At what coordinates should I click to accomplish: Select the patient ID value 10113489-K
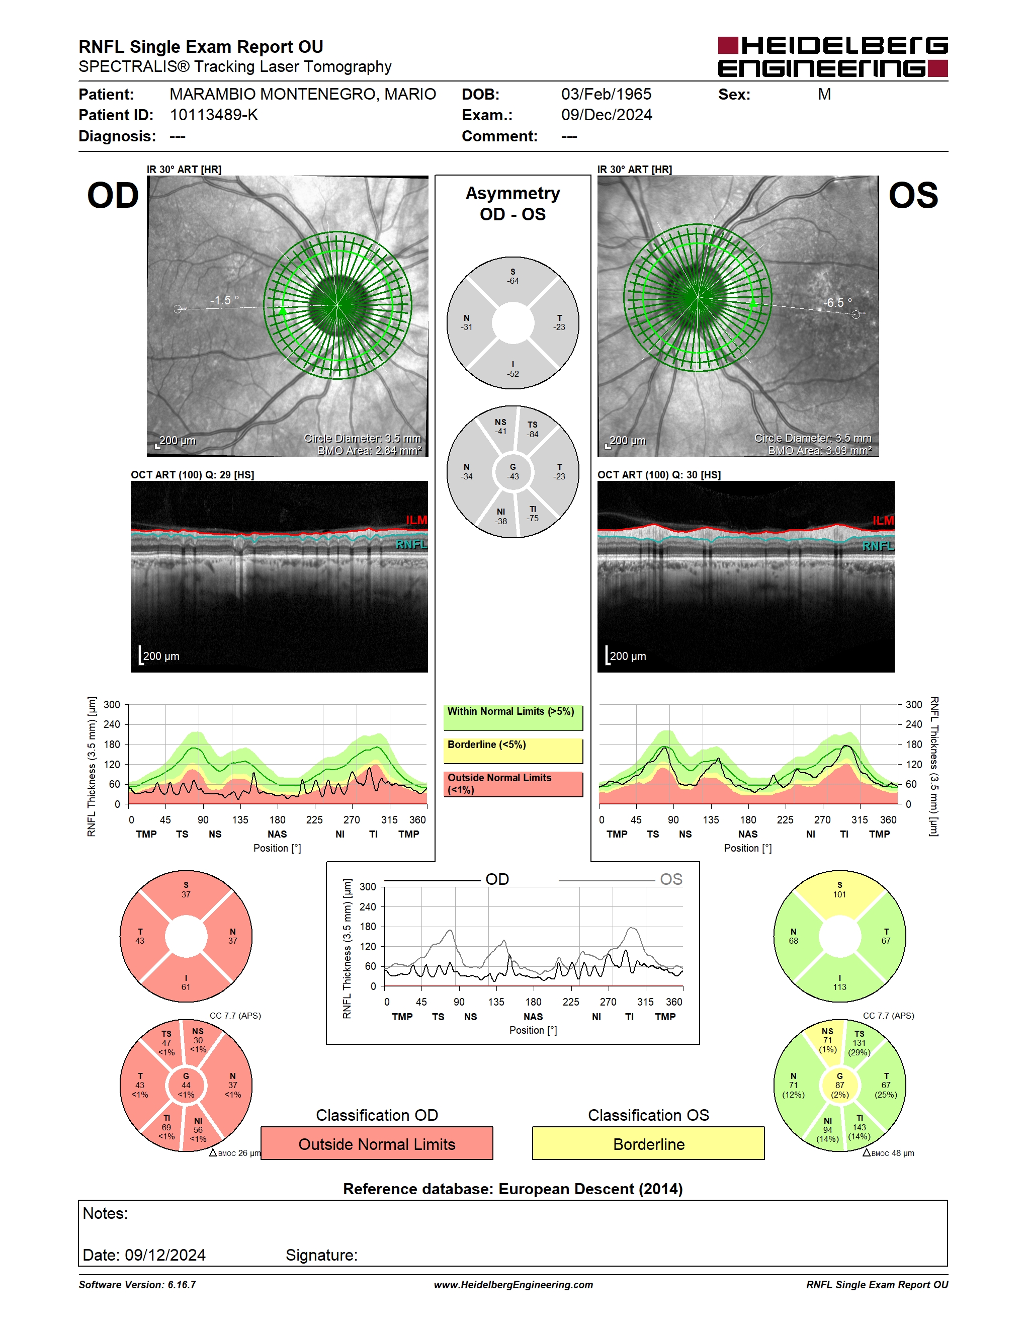(214, 115)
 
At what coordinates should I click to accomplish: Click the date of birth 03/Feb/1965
(606, 94)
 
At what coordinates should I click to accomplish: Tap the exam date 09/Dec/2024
(607, 115)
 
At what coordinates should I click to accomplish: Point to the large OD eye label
(113, 196)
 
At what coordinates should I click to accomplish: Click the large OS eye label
(913, 196)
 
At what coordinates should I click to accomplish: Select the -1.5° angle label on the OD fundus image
(224, 300)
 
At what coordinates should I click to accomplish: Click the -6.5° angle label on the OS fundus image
(837, 302)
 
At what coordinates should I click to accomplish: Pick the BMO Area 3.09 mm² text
(819, 451)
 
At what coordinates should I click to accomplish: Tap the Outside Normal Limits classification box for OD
(377, 1144)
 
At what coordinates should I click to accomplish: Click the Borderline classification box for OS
(649, 1144)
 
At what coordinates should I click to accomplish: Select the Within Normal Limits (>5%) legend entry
(513, 717)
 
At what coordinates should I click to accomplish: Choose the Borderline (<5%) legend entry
(513, 751)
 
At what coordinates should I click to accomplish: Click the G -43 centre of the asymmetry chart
(513, 472)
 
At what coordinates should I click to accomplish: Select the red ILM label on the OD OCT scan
(416, 521)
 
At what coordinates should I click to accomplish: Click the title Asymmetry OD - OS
(513, 204)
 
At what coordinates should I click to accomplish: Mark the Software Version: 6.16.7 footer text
(137, 1284)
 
